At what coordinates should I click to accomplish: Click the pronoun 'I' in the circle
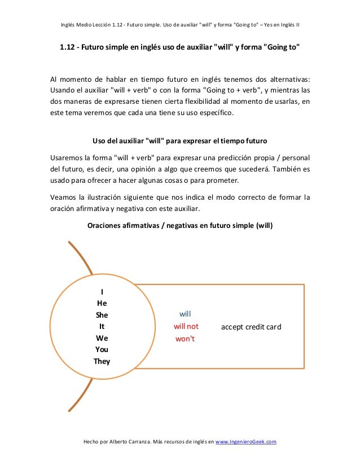(102, 292)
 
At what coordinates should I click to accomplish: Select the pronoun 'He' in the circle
(102, 303)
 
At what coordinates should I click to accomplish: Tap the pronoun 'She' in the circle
(102, 315)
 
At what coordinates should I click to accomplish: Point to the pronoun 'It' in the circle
(102, 326)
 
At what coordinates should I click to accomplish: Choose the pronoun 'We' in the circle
(102, 338)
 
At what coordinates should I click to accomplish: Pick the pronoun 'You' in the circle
(102, 349)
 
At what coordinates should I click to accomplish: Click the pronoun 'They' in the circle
(102, 361)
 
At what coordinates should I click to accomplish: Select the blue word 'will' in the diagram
(186, 313)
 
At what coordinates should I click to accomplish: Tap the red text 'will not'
(186, 326)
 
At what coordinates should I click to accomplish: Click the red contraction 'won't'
(185, 338)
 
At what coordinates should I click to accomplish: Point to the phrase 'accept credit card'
(251, 327)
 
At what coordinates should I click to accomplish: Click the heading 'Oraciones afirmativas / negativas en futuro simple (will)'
(180, 226)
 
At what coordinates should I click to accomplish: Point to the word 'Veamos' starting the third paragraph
(64, 197)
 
